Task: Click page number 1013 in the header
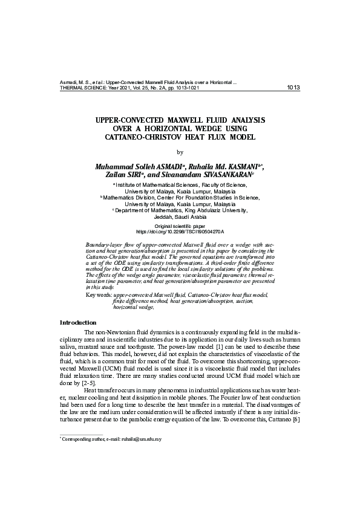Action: click(293, 88)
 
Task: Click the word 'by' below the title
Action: click(180, 152)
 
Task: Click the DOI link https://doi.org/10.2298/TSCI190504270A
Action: click(180, 231)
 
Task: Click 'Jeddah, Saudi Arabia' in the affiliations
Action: click(180, 216)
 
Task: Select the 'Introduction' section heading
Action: click(78, 322)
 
